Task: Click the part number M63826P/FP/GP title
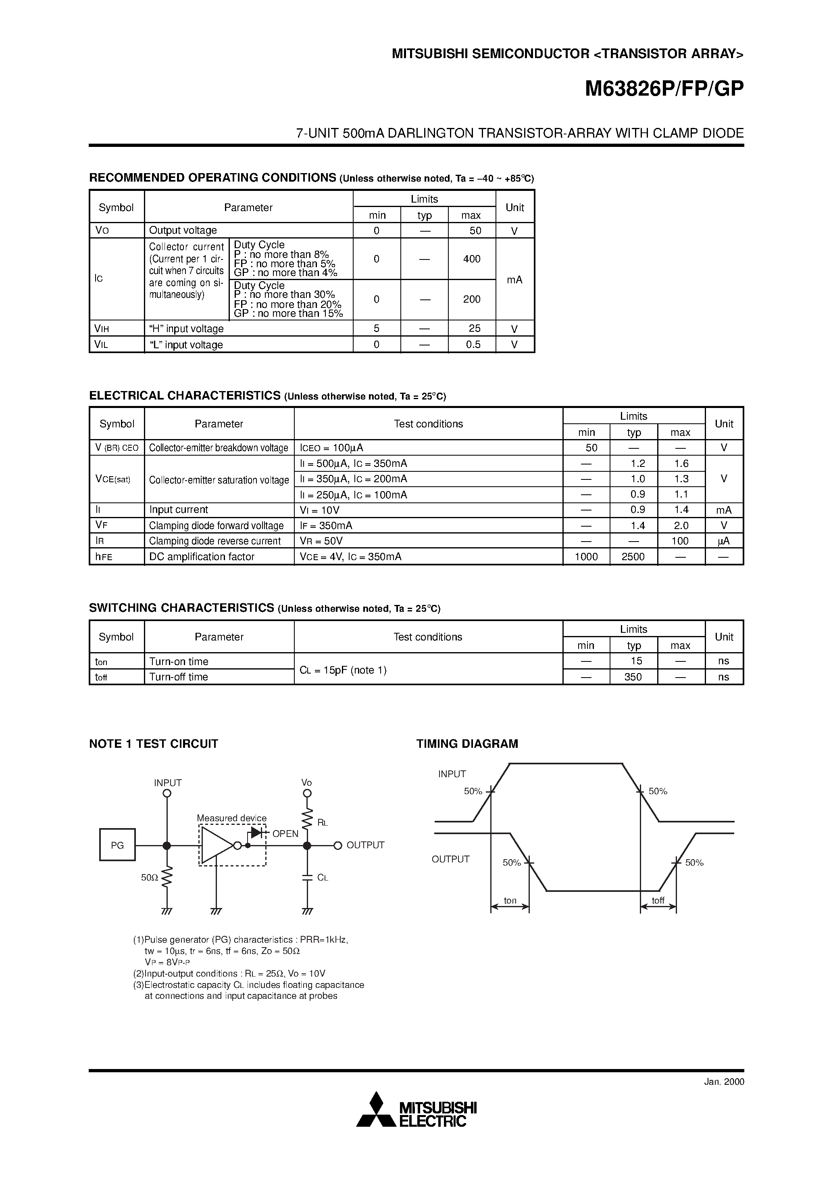[x=664, y=90]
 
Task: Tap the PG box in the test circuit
[x=117, y=845]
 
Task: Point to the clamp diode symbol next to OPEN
[x=256, y=833]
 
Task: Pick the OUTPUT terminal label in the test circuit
[x=365, y=845]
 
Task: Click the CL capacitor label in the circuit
[x=323, y=878]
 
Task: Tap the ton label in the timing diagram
[x=510, y=900]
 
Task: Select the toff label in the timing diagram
[x=658, y=900]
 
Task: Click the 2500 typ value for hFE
[x=633, y=557]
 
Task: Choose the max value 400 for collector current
[x=471, y=259]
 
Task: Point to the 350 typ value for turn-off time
[x=633, y=677]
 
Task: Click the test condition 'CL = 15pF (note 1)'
[x=343, y=670]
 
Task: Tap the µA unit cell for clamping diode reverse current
[x=724, y=541]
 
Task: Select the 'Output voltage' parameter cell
[x=183, y=230]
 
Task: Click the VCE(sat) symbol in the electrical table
[x=113, y=479]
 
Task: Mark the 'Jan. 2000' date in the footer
[x=724, y=1081]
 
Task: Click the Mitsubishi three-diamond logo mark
[x=377, y=1110]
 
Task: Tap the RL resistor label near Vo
[x=323, y=822]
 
